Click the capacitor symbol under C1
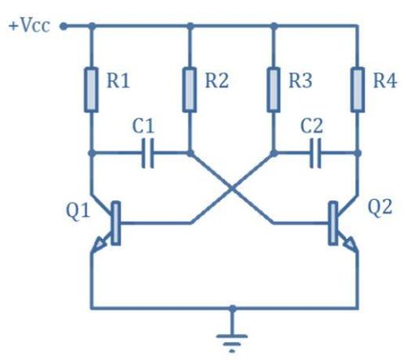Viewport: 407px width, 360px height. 147,152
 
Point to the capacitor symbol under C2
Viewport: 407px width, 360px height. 316,152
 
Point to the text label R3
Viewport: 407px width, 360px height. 302,81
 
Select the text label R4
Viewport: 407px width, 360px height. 384,81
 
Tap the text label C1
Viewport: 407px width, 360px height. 143,127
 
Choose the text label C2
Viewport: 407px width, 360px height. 313,127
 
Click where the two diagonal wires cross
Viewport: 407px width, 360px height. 233,187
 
